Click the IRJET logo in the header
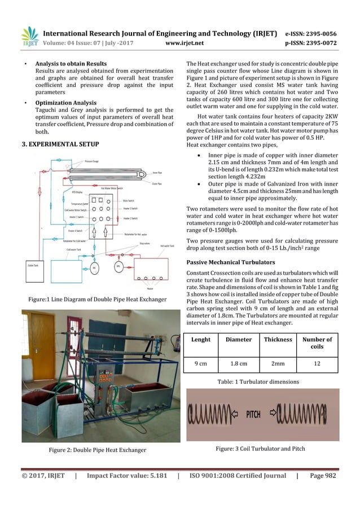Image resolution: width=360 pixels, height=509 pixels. (x=29, y=35)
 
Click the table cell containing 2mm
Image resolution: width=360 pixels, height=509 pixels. (x=277, y=363)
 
